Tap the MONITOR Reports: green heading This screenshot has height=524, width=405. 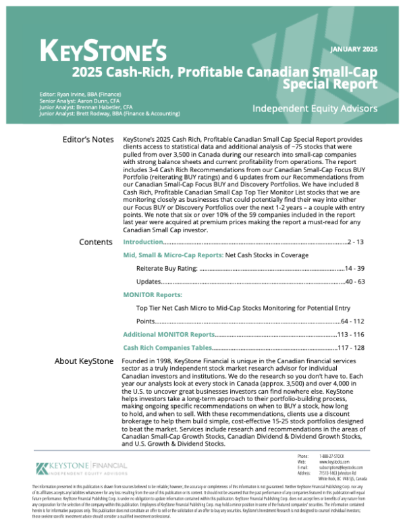click(x=152, y=295)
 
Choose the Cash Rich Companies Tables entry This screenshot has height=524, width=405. click(x=167, y=347)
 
